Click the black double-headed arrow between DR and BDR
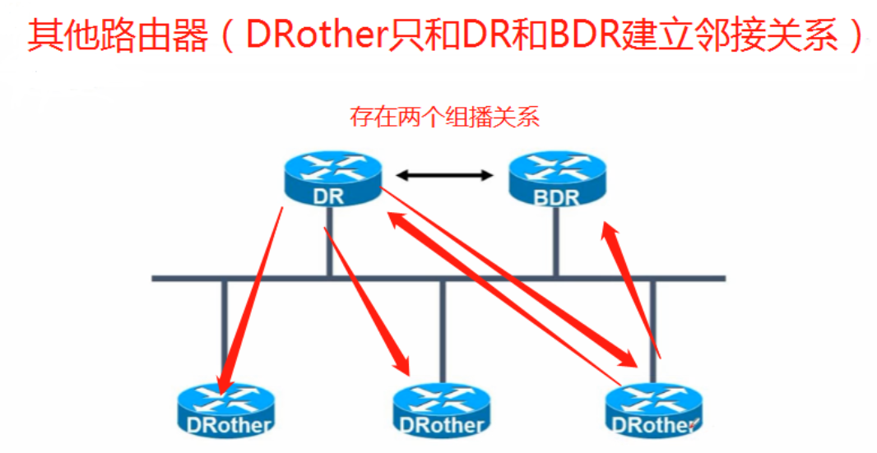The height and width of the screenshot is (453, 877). tap(444, 175)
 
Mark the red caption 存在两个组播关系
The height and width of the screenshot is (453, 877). tap(444, 117)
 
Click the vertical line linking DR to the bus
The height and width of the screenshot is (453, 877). tap(329, 238)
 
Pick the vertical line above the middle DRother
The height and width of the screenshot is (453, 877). tap(443, 329)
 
